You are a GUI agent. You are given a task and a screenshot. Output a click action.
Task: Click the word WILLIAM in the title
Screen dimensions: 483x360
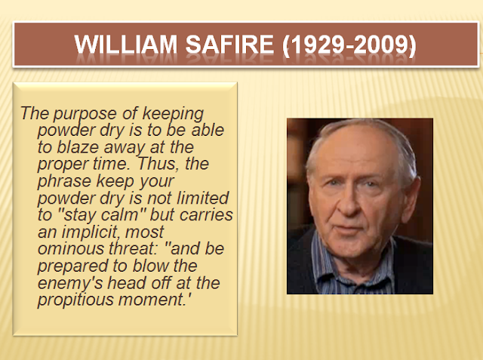126,45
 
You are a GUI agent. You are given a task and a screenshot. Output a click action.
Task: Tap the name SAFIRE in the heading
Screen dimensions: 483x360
229,45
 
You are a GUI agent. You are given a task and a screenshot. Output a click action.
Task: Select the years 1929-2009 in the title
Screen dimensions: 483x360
349,45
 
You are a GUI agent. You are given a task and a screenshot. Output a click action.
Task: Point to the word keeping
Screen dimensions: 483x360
173,115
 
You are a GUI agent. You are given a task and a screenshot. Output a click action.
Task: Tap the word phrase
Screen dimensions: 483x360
64,181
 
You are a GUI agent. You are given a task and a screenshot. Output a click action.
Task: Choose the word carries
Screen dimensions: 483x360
206,214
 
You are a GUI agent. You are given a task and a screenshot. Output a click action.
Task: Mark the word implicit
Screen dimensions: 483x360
91,232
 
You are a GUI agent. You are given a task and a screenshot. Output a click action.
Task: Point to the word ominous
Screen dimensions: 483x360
71,248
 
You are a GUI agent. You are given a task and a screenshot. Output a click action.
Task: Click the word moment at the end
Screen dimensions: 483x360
152,300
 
